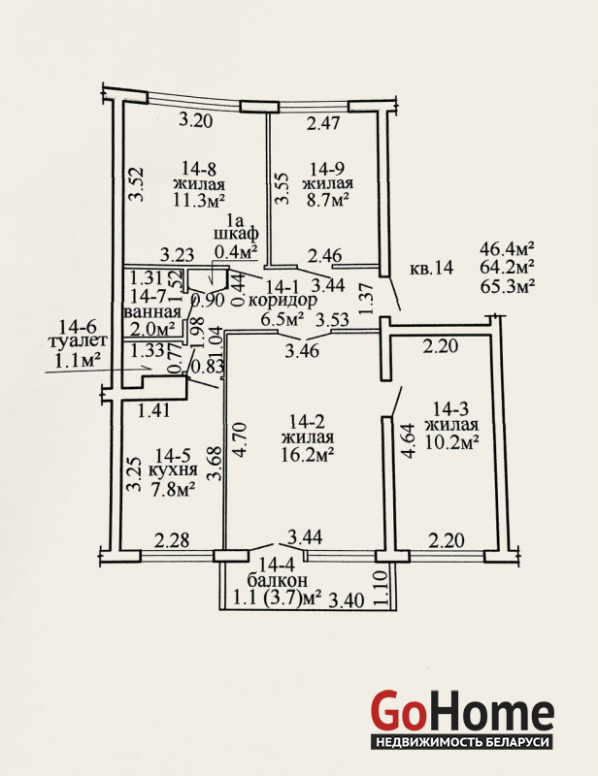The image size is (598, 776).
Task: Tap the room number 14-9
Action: (x=327, y=169)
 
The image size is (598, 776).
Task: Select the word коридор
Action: (x=282, y=301)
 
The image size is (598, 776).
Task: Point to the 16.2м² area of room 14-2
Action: (x=307, y=454)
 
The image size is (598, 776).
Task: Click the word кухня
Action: (x=173, y=470)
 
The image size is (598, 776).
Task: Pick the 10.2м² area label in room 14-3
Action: (x=451, y=441)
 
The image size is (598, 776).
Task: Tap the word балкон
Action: (x=278, y=579)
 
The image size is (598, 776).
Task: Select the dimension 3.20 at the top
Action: (x=196, y=120)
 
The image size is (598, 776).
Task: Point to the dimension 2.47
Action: (x=323, y=123)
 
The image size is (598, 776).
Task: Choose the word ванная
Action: (x=152, y=312)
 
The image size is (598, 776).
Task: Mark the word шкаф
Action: (x=236, y=234)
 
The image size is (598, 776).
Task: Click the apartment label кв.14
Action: (x=432, y=268)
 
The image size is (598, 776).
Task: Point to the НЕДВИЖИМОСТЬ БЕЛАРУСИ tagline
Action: (x=462, y=742)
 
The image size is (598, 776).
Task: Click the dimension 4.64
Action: (x=409, y=441)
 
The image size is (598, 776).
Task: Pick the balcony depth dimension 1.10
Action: (x=382, y=588)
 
